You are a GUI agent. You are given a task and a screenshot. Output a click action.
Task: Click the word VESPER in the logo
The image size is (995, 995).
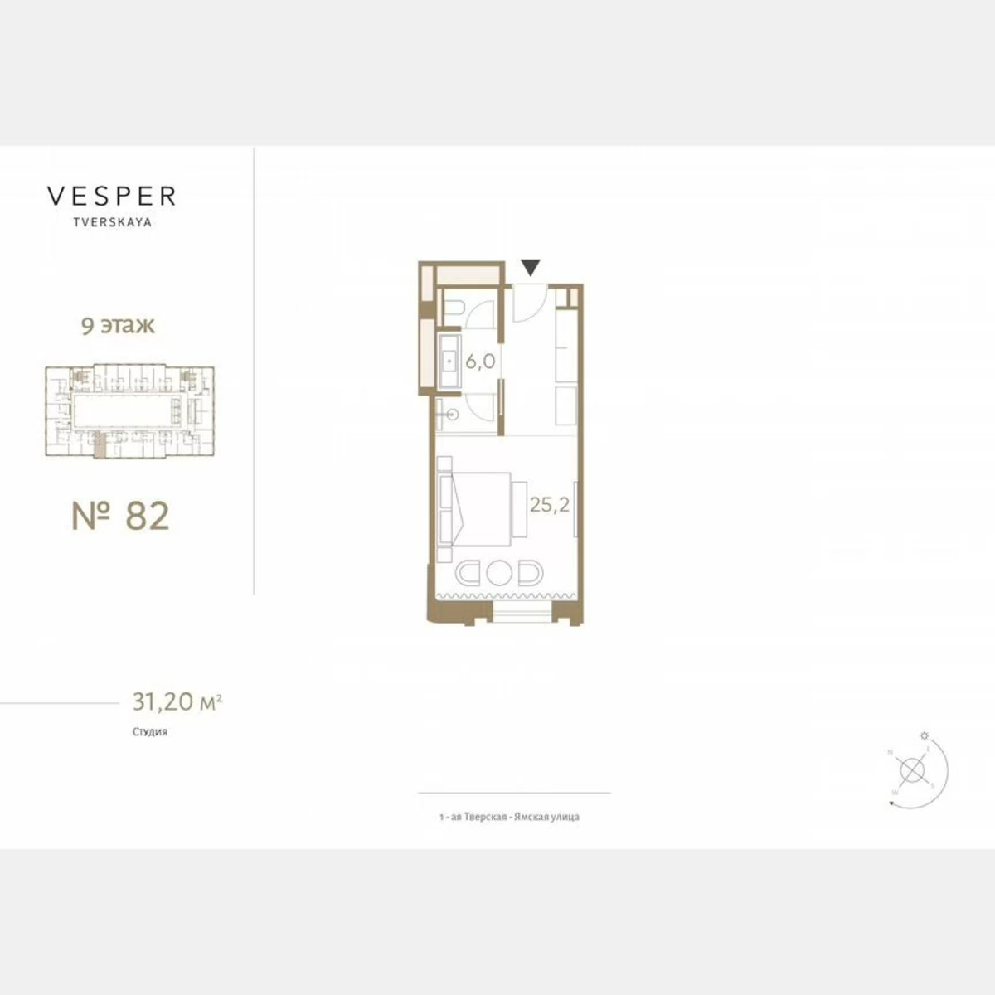(111, 197)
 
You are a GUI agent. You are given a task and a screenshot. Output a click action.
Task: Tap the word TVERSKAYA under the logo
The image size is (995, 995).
(112, 222)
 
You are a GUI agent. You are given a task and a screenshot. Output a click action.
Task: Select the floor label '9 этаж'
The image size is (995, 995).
(118, 325)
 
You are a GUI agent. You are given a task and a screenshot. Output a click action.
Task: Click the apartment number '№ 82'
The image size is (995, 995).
(121, 515)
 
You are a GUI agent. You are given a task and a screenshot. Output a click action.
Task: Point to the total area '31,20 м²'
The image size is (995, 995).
(177, 702)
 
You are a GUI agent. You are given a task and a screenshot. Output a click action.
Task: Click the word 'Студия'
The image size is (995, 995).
(149, 732)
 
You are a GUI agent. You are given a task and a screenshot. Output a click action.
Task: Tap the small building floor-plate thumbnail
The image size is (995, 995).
(129, 411)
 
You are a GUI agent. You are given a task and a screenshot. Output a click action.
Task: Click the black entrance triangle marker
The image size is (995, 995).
(531, 267)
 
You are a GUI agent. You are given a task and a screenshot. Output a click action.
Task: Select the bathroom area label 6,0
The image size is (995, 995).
(480, 362)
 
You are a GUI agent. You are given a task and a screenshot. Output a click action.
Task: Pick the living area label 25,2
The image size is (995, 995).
(550, 504)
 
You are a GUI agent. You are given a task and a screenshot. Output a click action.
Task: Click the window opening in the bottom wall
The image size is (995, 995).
(522, 614)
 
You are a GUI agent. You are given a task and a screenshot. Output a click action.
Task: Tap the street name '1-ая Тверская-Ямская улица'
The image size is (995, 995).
(509, 817)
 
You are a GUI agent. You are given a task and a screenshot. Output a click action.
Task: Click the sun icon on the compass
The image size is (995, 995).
(925, 735)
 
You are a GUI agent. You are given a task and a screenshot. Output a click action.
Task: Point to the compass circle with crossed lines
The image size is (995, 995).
(913, 770)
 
